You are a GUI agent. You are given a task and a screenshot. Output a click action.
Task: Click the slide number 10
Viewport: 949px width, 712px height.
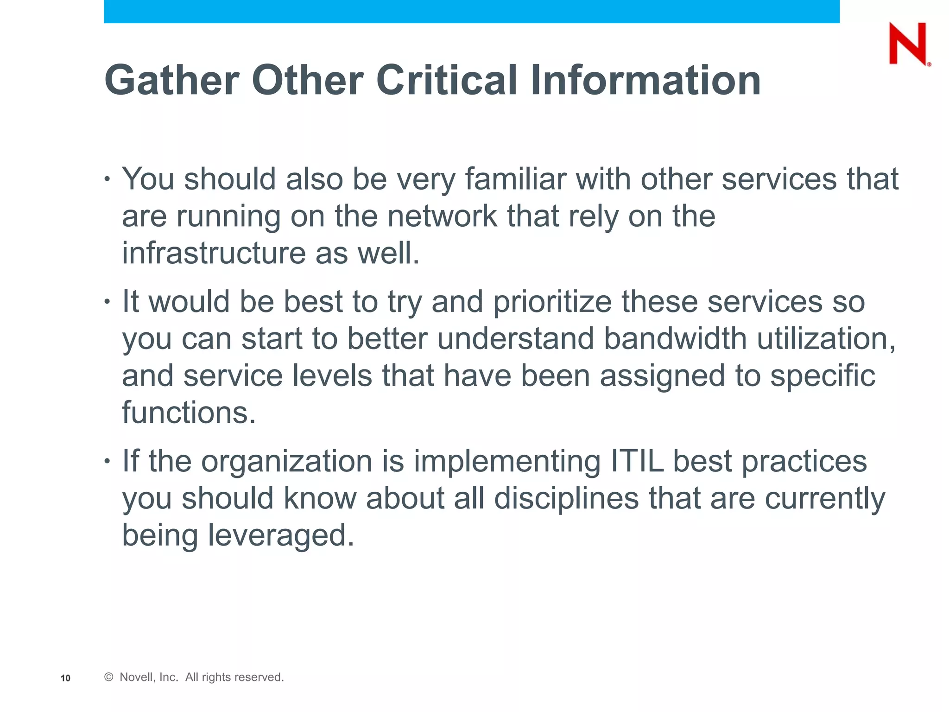coord(65,678)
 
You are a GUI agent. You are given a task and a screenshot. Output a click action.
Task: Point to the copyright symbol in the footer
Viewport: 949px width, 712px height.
coord(109,677)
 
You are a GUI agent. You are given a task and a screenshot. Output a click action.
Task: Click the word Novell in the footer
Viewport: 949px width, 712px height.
coord(136,677)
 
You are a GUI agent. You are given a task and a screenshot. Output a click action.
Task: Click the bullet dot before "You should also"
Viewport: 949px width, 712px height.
coord(108,179)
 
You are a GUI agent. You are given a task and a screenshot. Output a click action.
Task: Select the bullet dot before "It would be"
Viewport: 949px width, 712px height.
coord(108,302)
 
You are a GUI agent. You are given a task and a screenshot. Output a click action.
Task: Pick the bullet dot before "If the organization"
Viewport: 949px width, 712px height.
coord(108,461)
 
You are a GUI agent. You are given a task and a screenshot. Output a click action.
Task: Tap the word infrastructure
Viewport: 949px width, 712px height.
coord(214,253)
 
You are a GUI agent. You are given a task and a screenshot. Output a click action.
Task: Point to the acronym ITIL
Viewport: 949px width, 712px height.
coord(637,461)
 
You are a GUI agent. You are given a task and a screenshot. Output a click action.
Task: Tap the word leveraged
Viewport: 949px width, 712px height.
coord(280,536)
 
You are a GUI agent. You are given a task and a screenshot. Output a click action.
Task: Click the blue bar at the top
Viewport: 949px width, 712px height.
coord(471,11)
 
